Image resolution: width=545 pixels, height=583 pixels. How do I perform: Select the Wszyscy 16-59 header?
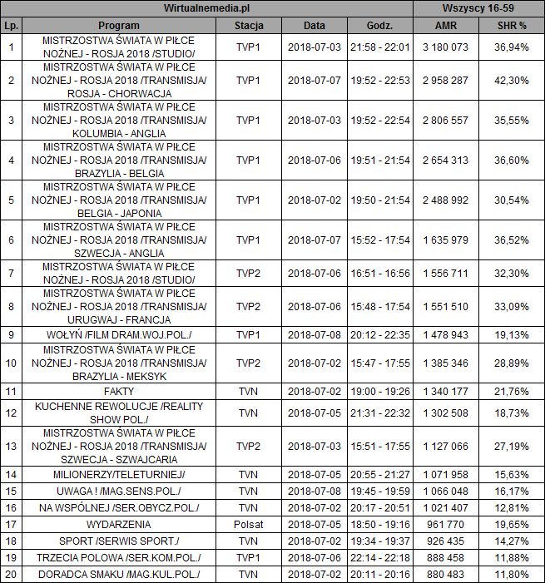click(479, 7)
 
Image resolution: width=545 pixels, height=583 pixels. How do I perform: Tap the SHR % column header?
click(511, 26)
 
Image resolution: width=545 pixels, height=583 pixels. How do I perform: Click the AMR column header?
click(446, 26)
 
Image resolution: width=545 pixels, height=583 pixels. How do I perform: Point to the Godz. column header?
click(379, 26)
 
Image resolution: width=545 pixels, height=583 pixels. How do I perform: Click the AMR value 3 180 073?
click(446, 47)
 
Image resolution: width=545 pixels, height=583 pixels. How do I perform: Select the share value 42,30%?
click(511, 80)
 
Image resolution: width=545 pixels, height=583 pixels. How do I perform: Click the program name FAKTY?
click(118, 389)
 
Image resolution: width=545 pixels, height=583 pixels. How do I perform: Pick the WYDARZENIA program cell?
click(118, 525)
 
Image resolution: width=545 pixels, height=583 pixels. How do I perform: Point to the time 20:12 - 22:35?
click(379, 334)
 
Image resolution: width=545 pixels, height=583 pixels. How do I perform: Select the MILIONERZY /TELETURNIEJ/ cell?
click(118, 474)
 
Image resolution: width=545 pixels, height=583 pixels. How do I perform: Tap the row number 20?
click(11, 575)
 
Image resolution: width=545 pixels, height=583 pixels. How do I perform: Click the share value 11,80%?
click(511, 575)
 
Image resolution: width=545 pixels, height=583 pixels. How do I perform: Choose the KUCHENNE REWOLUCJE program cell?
click(118, 413)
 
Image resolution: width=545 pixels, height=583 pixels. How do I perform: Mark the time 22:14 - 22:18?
click(379, 558)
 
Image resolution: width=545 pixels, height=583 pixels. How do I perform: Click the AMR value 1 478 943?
click(446, 334)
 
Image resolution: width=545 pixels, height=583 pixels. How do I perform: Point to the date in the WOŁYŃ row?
click(315, 334)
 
